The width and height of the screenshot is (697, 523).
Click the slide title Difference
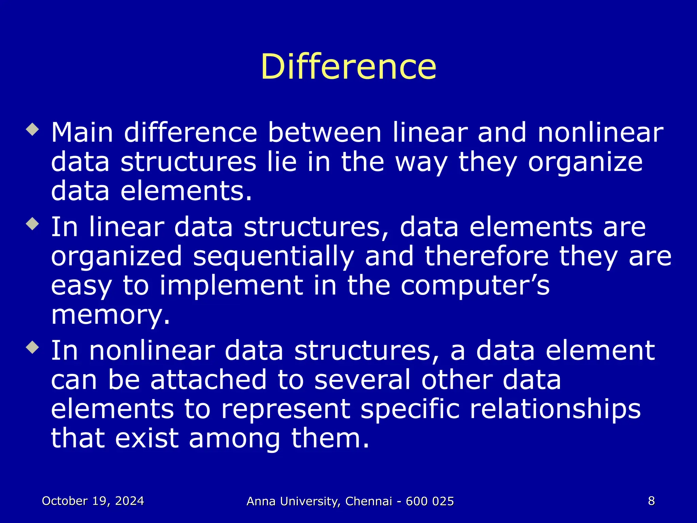click(x=348, y=67)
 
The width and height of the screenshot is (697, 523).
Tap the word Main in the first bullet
click(x=82, y=132)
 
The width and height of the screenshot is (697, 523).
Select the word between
click(x=325, y=132)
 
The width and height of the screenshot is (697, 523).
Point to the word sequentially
click(x=274, y=256)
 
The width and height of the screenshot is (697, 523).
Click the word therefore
click(x=487, y=256)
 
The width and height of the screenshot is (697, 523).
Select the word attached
click(x=208, y=380)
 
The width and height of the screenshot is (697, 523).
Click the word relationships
click(x=555, y=409)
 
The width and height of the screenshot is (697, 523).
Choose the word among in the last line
click(x=234, y=438)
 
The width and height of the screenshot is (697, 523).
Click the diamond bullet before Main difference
click(x=33, y=130)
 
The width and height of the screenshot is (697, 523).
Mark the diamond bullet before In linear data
click(x=33, y=224)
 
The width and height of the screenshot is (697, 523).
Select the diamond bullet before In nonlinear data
click(x=33, y=348)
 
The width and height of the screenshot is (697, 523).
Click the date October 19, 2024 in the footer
click(x=93, y=501)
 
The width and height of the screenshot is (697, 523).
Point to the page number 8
click(x=651, y=501)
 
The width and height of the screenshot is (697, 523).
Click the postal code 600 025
click(x=430, y=501)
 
